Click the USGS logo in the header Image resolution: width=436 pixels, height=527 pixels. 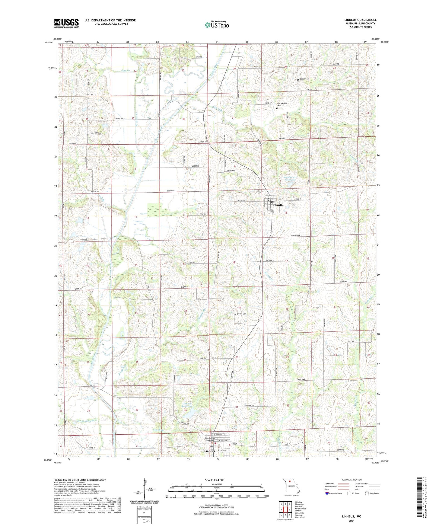(x=66, y=23)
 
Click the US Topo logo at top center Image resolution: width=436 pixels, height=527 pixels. (x=216, y=25)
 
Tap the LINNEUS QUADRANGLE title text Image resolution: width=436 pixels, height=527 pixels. (x=360, y=20)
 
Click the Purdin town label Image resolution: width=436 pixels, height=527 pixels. (x=279, y=205)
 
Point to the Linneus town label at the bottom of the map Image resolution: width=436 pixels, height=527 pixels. (x=209, y=451)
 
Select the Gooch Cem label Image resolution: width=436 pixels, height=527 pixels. (x=304, y=79)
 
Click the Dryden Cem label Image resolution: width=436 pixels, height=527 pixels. (x=241, y=314)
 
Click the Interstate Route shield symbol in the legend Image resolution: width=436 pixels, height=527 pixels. (x=327, y=493)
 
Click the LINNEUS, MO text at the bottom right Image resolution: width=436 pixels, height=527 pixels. (x=352, y=516)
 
